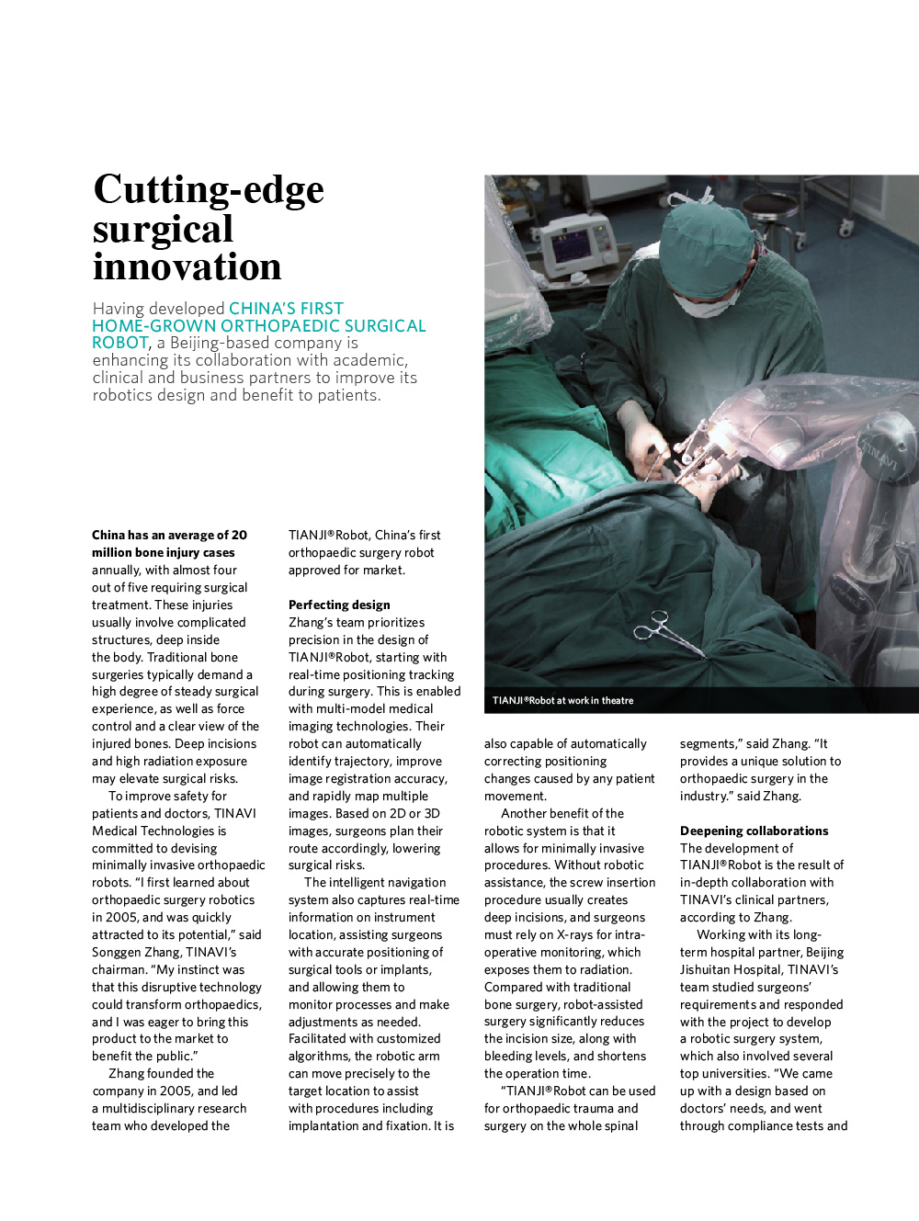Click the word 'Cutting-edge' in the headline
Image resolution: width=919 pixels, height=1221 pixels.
209,190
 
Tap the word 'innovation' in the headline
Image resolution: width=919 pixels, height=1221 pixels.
187,267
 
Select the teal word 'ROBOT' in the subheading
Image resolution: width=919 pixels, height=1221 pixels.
119,343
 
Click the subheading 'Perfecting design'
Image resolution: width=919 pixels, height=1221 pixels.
339,605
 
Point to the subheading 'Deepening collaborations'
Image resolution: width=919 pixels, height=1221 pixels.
754,831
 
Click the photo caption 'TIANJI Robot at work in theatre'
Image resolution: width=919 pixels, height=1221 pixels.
562,700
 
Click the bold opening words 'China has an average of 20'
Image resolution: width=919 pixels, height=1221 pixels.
169,535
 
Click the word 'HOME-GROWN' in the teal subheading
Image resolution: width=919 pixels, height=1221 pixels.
153,326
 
